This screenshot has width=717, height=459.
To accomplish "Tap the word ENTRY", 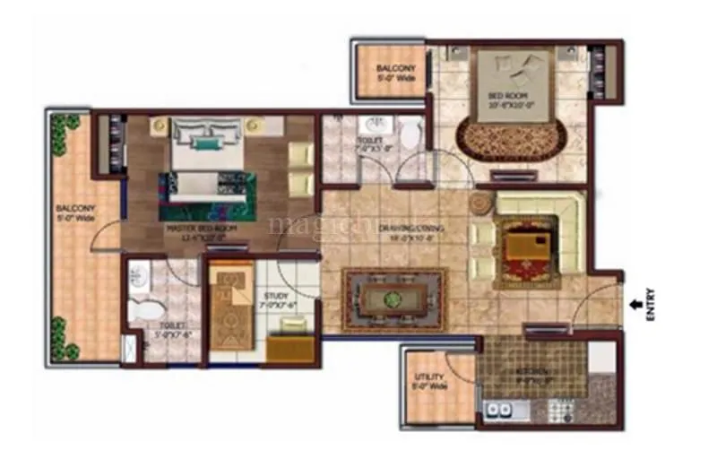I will [651, 303].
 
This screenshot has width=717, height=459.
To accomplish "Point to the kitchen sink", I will [498, 412].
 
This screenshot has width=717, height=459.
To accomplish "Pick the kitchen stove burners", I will [563, 413].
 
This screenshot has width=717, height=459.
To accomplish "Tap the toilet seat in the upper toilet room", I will [411, 135].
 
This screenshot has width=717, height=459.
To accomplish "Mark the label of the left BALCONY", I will [74, 213].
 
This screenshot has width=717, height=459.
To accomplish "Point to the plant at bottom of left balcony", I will [60, 338].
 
